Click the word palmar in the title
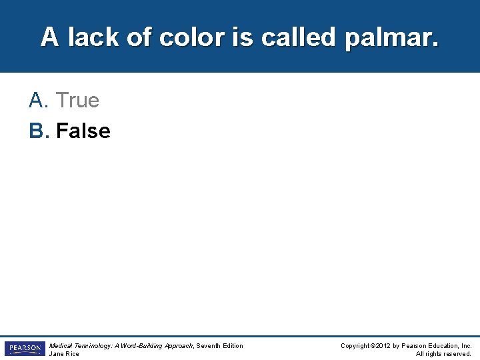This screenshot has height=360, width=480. click(x=391, y=37)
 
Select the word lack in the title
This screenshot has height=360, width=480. click(x=93, y=37)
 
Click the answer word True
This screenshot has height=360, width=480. click(x=77, y=101)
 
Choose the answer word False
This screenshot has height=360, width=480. click(x=83, y=131)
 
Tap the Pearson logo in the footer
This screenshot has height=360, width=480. click(x=25, y=349)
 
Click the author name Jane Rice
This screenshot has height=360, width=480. click(x=64, y=354)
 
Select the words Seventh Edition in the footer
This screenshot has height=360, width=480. click(x=220, y=346)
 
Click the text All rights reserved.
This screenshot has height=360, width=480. click(x=443, y=354)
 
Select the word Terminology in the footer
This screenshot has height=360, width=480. click(x=92, y=346)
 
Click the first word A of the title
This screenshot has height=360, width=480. click(x=49, y=37)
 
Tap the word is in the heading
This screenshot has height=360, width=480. click(x=243, y=37)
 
